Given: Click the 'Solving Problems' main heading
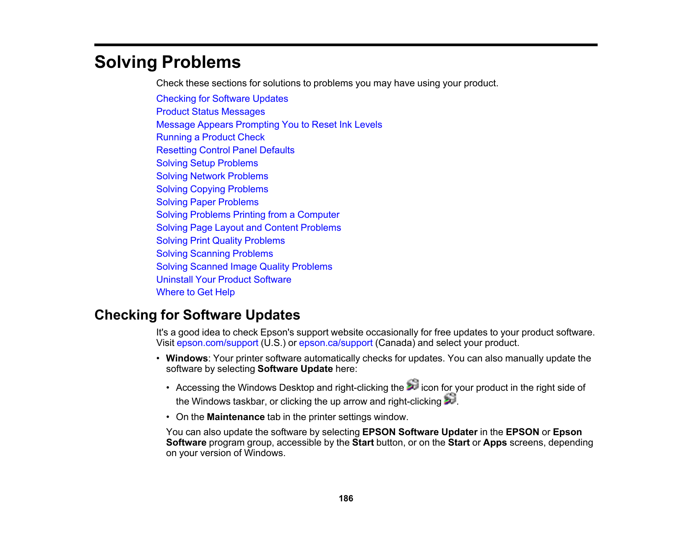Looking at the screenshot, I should point(167,62).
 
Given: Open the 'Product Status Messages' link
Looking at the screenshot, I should point(211,112).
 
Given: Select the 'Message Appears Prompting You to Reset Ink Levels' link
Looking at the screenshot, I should point(269,125).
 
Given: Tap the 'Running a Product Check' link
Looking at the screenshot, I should point(210,137).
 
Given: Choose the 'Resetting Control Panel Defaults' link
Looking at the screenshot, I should point(225,150).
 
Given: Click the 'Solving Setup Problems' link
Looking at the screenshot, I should point(207,163).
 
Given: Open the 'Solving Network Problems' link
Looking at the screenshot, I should point(212,176).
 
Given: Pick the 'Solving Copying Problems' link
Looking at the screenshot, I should point(212,189).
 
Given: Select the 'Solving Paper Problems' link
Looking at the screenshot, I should point(207,202).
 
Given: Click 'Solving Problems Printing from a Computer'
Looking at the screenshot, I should point(247,215).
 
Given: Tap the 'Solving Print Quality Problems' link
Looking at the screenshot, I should point(220,241).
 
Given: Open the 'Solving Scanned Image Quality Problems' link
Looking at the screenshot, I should point(244,267).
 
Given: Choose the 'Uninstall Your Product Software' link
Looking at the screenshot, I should point(224,280).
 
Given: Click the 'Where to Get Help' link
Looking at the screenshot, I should point(195,292).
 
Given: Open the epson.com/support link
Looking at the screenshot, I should point(217,343).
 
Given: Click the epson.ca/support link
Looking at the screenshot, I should point(336,343).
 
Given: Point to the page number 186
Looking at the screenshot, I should point(346,498).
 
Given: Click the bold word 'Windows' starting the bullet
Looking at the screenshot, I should point(187,359).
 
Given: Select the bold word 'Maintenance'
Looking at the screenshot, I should point(236,417).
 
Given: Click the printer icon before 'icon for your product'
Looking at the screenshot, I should point(413,385).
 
